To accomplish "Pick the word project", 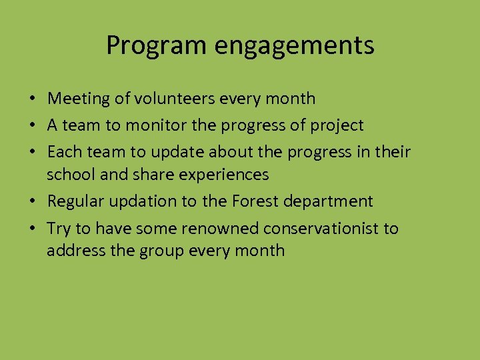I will [339, 125].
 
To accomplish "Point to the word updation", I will [145, 201].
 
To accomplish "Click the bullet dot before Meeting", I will [32, 99].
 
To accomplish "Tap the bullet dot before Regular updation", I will [32, 202].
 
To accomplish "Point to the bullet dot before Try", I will [32, 229].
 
